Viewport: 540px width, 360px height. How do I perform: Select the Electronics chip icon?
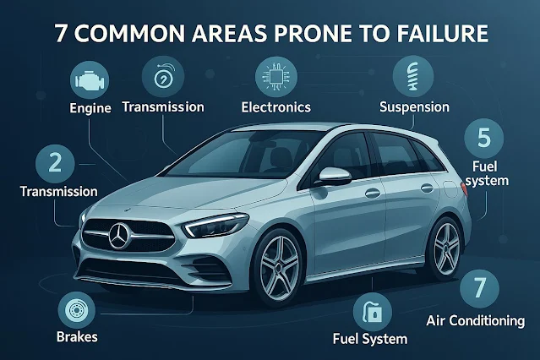[275, 76]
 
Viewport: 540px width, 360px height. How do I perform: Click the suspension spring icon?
[414, 74]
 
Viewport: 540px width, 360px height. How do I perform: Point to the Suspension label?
[414, 108]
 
